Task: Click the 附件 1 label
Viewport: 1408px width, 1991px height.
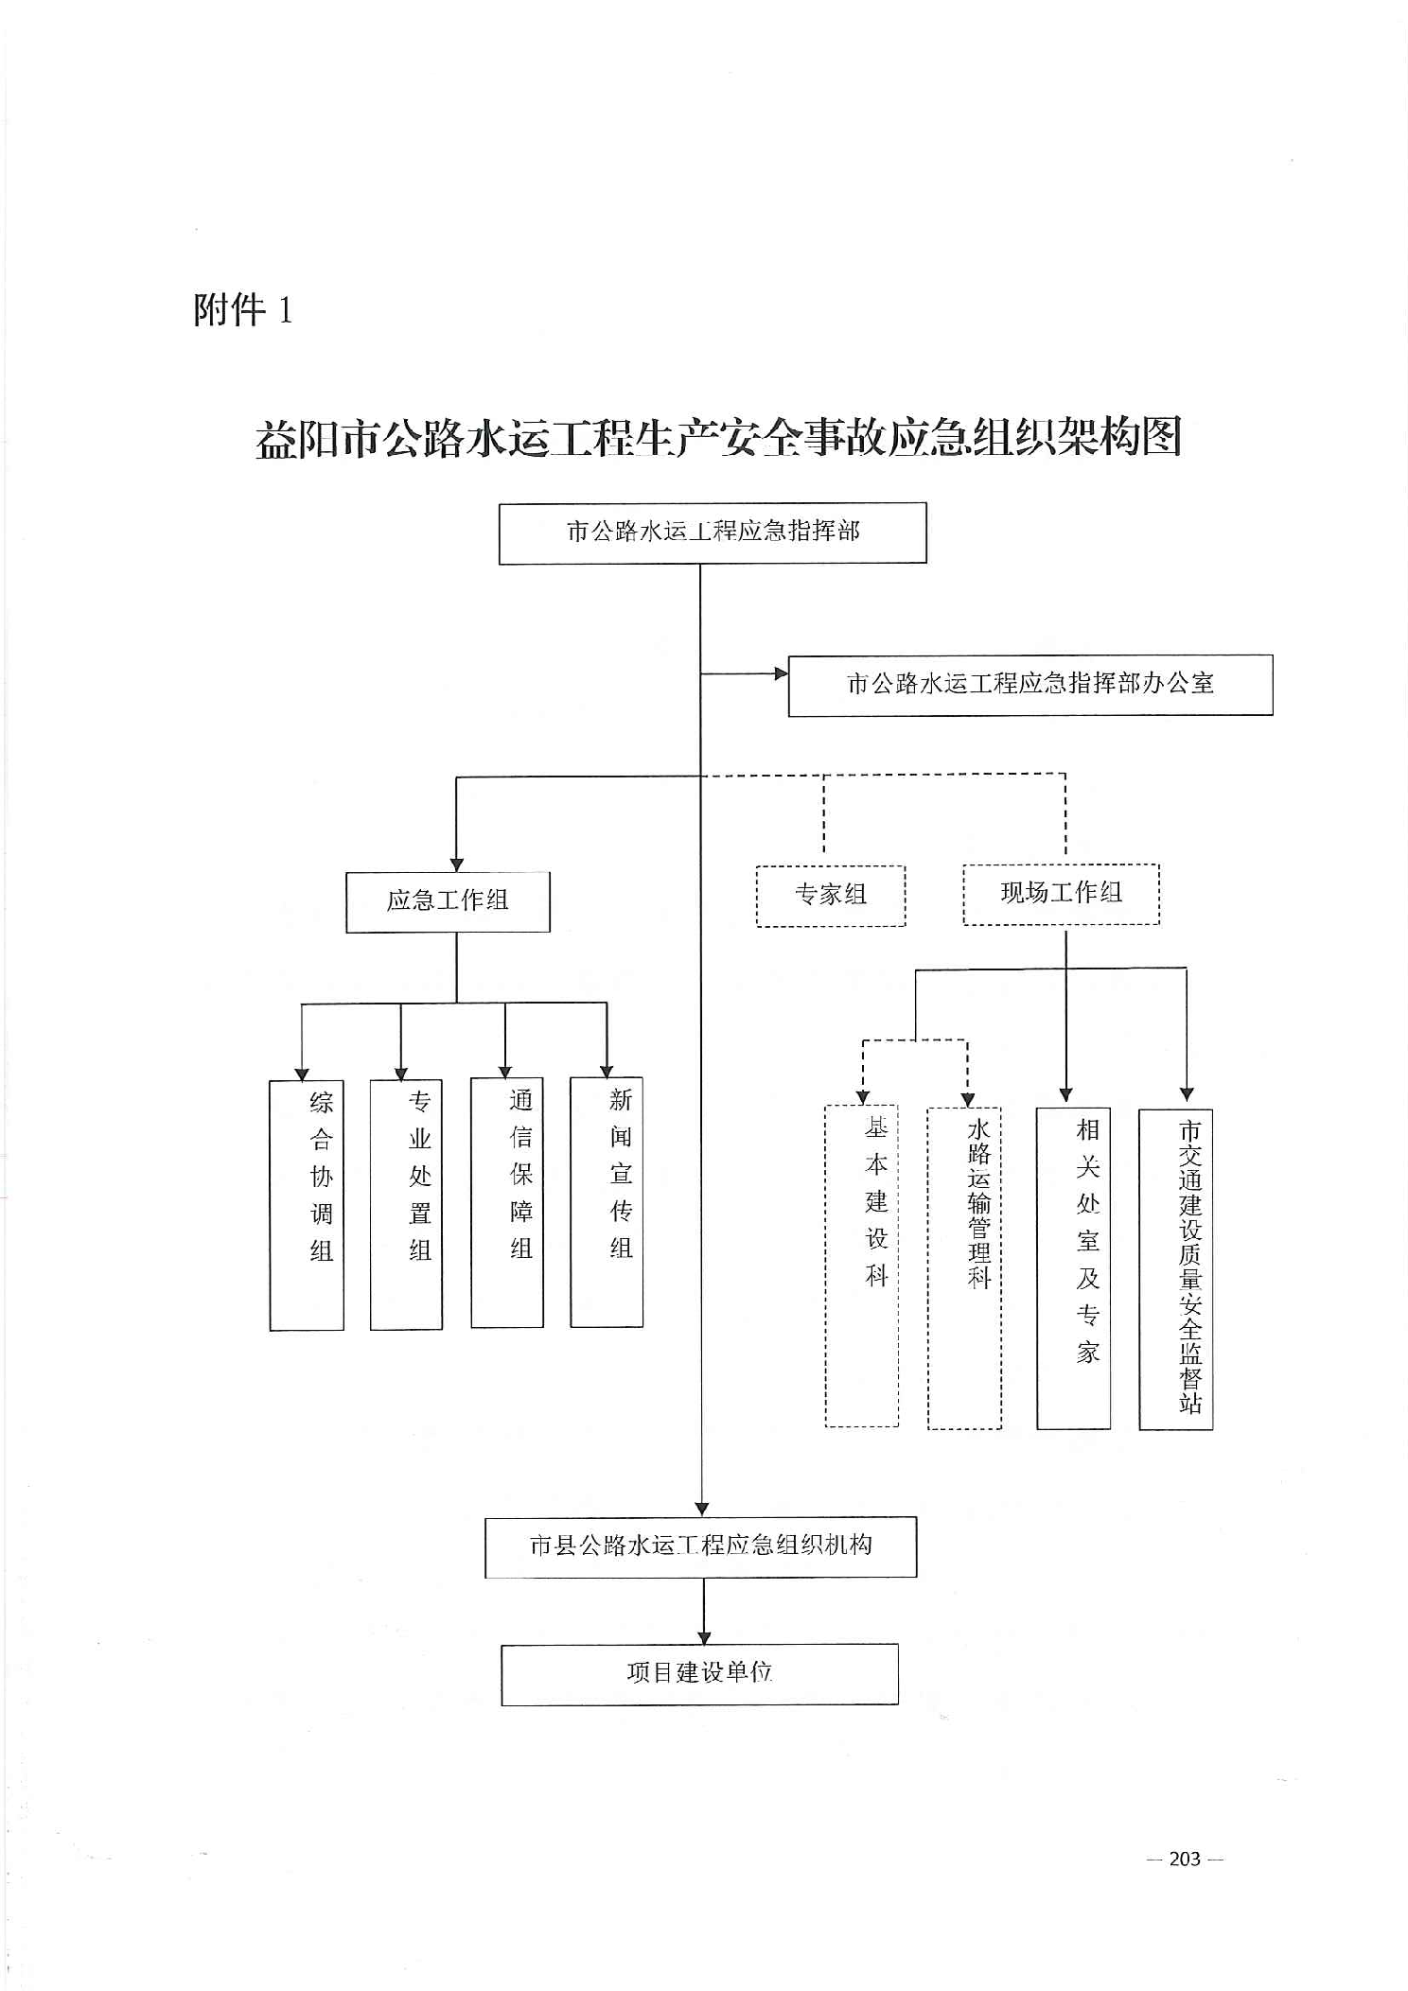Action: [243, 310]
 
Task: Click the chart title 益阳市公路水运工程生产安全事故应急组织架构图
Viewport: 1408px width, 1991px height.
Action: [718, 438]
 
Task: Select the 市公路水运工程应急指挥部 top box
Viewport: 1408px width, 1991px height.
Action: [713, 533]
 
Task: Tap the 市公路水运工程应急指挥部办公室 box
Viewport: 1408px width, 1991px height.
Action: [1030, 685]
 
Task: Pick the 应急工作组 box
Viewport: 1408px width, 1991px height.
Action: [448, 901]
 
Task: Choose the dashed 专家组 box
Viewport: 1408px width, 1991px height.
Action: [831, 895]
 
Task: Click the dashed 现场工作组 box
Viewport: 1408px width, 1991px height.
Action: [1061, 894]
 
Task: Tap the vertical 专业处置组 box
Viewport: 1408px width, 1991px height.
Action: [407, 1203]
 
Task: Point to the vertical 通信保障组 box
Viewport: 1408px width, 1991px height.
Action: [507, 1201]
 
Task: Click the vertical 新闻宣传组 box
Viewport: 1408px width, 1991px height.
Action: [607, 1201]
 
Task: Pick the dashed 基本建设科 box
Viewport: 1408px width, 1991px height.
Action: [862, 1265]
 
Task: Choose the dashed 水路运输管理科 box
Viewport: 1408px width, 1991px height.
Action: [964, 1266]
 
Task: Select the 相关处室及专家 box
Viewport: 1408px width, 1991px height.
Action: [1073, 1266]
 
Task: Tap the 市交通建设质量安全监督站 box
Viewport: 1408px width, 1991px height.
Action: [1175, 1268]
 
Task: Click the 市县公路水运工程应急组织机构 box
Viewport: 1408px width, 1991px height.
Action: [700, 1546]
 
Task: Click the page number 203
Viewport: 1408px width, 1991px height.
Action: [1185, 1859]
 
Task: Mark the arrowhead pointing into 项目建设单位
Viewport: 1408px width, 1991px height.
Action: [703, 1637]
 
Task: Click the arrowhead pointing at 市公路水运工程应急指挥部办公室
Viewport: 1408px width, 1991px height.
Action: [781, 673]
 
